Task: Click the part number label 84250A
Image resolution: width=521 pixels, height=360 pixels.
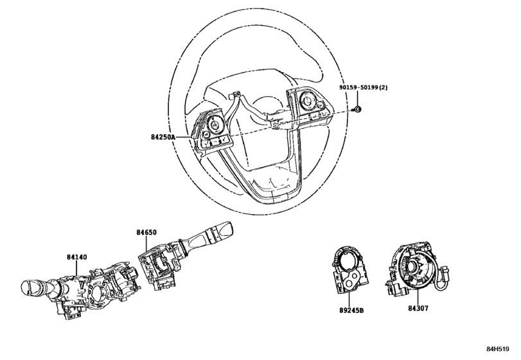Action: tap(163, 137)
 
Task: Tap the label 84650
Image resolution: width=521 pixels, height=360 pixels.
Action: tap(146, 232)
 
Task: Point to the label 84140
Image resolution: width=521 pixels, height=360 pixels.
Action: tap(76, 257)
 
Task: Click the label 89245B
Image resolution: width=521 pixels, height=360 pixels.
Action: tap(351, 310)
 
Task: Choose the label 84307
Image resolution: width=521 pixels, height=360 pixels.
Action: tap(418, 309)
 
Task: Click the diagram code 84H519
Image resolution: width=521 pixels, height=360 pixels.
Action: tap(498, 349)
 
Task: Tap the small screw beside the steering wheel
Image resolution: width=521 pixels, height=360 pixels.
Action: tap(357, 109)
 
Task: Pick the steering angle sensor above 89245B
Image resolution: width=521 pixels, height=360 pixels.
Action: tap(350, 271)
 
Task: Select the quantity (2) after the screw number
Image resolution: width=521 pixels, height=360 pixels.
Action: tap(384, 87)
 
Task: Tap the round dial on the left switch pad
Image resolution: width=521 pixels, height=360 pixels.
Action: tap(213, 125)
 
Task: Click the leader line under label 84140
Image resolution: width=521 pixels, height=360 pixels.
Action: tap(76, 268)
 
